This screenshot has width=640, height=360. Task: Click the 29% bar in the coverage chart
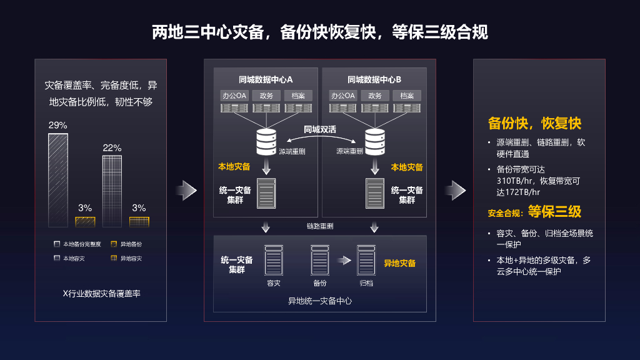(57, 180)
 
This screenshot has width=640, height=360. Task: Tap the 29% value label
(57, 126)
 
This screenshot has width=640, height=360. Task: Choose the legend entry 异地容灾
(131, 259)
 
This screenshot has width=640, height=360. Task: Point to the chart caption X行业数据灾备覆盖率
(102, 293)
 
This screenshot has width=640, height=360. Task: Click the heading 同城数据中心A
(266, 79)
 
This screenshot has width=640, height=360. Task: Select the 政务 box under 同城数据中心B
(375, 96)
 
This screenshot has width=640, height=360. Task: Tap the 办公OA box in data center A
(234, 96)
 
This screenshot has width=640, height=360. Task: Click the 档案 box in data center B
(407, 96)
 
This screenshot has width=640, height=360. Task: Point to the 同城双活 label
(320, 129)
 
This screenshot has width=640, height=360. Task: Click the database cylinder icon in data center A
(266, 142)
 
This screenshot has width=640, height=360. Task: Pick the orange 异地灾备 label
(399, 263)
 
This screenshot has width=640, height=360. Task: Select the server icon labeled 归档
(366, 260)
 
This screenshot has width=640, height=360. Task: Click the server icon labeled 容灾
(273, 260)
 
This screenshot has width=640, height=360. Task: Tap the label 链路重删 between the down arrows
(320, 226)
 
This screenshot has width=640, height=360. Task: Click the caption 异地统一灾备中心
(320, 301)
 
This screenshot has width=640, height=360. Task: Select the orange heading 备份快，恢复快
(534, 123)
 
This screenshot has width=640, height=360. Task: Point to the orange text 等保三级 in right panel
(554, 212)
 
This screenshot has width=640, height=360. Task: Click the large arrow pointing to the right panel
(455, 190)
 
